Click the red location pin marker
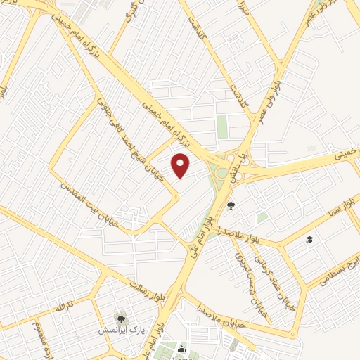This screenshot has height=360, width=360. tap(181, 165)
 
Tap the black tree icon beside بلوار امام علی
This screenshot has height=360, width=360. tap(231, 205)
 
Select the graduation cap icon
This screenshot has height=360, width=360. tap(308, 240)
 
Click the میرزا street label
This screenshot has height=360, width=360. tap(244, 10)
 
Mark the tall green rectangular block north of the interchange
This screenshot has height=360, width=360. tap(222, 127)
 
